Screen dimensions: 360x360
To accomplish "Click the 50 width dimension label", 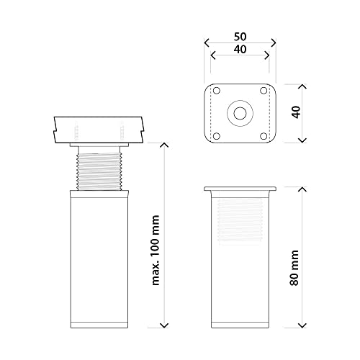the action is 240,37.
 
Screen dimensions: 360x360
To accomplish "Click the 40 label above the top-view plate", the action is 240,50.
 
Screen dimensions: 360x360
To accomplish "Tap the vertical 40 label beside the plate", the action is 297,112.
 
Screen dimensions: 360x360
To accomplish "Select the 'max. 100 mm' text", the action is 156,251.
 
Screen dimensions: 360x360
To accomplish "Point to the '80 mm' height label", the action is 294,268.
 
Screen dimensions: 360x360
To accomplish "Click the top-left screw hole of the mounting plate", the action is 217,91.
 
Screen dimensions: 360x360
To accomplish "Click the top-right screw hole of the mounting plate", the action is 264,91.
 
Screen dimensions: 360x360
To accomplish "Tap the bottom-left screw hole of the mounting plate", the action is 217,136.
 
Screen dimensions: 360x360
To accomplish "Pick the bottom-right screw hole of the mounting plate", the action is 264,136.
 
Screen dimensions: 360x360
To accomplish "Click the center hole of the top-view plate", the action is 240,113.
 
